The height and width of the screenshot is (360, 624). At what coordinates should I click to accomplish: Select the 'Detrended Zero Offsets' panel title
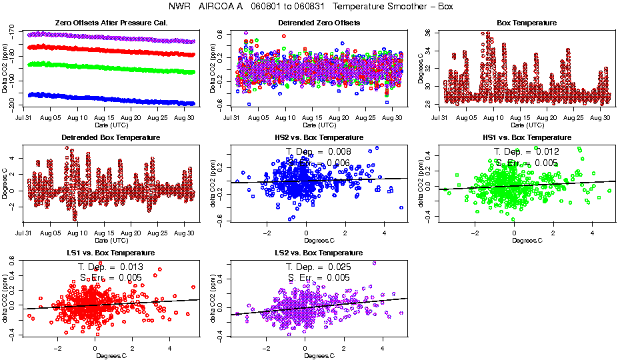click(319, 23)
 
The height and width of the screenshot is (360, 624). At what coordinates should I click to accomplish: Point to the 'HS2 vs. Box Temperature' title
click(319, 137)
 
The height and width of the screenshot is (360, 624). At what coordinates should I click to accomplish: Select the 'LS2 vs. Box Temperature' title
click(319, 253)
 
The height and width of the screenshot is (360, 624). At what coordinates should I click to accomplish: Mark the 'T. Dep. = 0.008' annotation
click(319, 151)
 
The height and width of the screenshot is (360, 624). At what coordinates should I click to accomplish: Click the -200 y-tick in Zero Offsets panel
click(15, 105)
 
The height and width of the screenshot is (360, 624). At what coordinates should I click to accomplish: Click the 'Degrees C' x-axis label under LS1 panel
click(111, 355)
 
